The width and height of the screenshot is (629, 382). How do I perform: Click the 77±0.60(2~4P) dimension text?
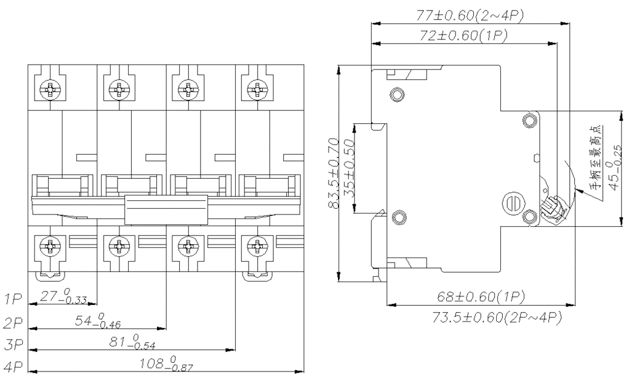(x=470, y=15)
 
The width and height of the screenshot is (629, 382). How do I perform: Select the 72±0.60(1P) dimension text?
(x=463, y=36)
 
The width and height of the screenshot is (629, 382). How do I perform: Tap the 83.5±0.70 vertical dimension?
(x=334, y=173)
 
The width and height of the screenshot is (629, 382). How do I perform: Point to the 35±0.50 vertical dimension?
(x=348, y=168)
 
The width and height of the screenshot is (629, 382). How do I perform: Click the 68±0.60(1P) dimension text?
(x=481, y=297)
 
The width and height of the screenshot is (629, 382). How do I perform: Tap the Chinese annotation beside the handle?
(x=596, y=157)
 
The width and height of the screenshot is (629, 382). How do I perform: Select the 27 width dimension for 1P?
(x=63, y=296)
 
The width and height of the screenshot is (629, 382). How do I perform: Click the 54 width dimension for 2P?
(x=97, y=321)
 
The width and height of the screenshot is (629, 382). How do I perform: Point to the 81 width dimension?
(x=132, y=342)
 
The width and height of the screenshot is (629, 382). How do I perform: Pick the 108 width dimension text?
(x=166, y=364)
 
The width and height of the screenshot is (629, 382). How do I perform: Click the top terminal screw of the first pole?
(x=50, y=89)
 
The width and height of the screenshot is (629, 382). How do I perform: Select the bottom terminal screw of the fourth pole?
(x=255, y=245)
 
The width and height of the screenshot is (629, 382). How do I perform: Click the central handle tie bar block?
(x=166, y=209)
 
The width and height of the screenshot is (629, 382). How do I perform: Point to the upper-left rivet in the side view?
(x=397, y=95)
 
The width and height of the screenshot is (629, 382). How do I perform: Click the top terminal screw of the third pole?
(x=187, y=89)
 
